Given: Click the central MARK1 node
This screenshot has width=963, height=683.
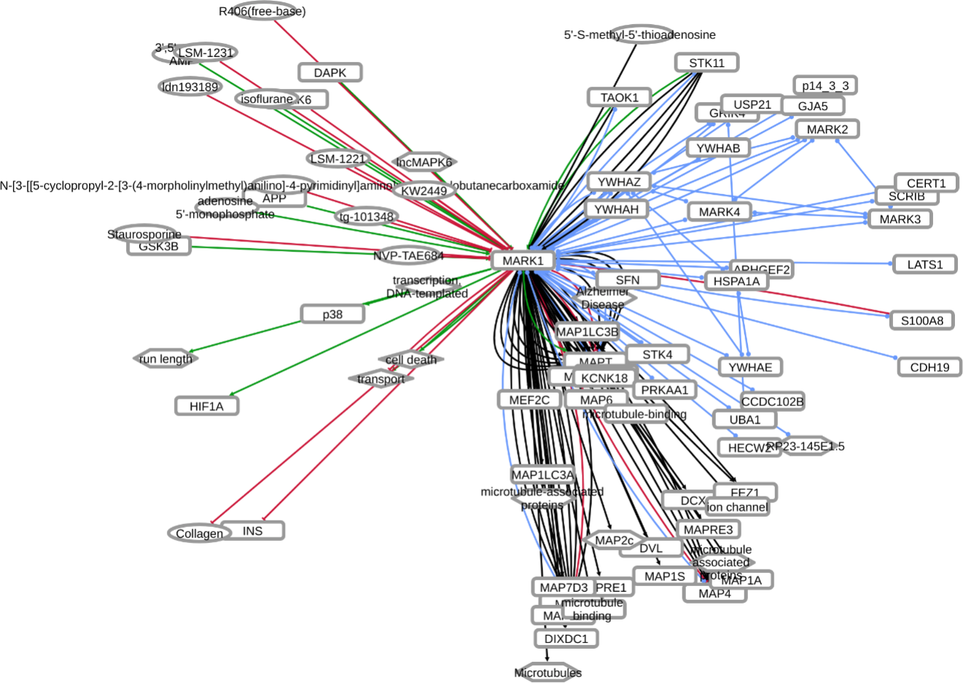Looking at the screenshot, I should coord(523,260).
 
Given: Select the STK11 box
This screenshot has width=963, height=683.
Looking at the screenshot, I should coord(706,63).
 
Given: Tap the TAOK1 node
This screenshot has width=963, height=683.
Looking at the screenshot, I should coord(619,97).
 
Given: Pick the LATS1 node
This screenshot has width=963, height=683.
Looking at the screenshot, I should coord(924,265).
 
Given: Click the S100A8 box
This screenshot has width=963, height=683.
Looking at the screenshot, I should coord(921,320).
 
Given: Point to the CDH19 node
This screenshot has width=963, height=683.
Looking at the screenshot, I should coord(929,367).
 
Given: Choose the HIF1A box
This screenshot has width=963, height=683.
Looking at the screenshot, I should coord(206,406).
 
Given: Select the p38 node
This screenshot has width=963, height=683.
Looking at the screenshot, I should coord(332,314).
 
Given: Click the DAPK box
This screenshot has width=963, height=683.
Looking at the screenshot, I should coord(330,72).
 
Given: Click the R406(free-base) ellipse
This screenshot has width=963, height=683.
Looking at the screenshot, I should coord(262,11).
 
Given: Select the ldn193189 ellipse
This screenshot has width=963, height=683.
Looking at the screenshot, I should coord(190,87).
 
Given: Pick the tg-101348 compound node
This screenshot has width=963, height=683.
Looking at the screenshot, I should coord(366,216).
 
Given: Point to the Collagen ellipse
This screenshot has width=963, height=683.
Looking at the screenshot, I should coord(199,534).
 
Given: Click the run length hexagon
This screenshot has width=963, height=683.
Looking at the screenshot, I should coord(165,359).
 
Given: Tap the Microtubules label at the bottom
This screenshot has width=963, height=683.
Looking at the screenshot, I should coord(547,673).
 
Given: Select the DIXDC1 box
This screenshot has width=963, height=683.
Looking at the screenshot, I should coord(566,639).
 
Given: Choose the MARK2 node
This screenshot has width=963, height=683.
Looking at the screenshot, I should coord(827,129).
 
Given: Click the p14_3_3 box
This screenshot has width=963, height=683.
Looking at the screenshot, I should coord(825,85).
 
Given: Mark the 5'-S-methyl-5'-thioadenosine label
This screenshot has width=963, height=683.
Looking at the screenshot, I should coord(639,34).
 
